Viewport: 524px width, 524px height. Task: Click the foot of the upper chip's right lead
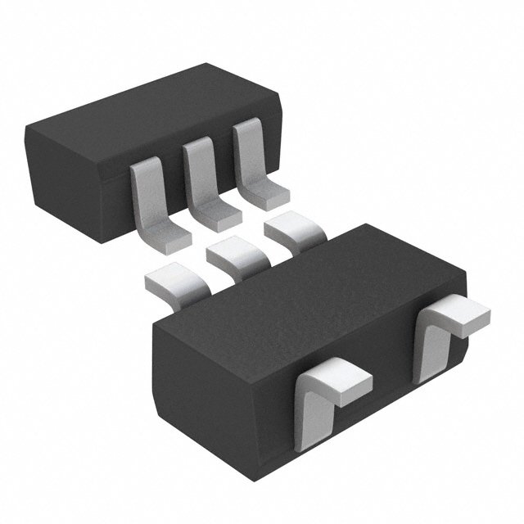click(269, 194)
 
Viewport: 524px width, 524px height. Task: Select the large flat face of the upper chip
click(147, 115)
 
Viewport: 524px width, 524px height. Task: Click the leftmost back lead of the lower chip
click(174, 279)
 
